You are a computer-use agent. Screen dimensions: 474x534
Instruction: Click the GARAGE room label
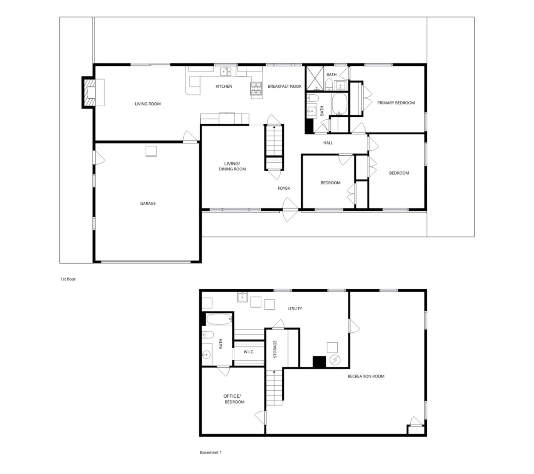click(148, 204)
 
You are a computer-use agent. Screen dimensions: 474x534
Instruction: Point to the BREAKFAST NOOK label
click(285, 86)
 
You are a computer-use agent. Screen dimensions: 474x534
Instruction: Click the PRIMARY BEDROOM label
click(396, 103)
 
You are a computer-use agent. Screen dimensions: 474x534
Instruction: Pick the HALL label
click(328, 143)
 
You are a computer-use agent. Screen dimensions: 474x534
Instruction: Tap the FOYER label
click(284, 189)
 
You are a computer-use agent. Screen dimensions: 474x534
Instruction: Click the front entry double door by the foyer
click(290, 210)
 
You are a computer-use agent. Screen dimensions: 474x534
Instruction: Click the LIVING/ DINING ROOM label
click(232, 166)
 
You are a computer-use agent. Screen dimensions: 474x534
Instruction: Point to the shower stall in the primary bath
click(315, 78)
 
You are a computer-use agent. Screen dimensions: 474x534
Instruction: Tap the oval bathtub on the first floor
click(339, 104)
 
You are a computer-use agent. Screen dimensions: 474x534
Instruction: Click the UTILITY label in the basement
click(295, 309)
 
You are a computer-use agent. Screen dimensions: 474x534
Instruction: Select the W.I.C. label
click(249, 352)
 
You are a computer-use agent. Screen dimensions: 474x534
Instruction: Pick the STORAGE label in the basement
click(275, 349)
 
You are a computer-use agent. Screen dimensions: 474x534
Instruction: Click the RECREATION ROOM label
click(366, 377)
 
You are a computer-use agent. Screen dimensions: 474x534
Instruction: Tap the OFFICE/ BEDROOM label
click(233, 399)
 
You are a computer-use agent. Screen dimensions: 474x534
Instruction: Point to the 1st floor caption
click(68, 279)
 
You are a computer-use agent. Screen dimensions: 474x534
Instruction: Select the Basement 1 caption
click(211, 452)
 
